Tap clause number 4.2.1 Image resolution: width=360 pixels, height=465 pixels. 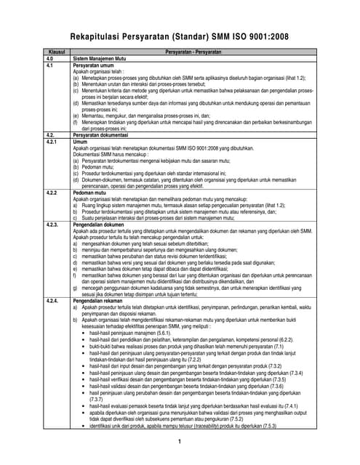pos(51,141)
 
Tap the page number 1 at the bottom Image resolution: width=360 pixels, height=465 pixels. pos(179,442)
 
